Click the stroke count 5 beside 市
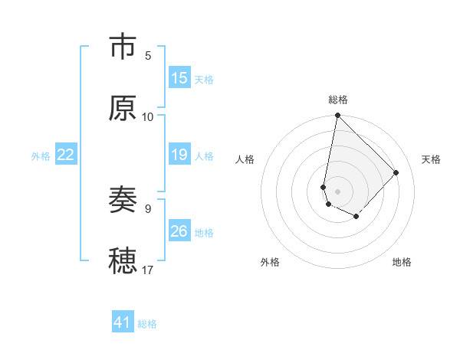[148, 56]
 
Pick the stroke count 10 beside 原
[148, 116]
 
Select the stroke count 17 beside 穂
[148, 270]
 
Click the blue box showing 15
[179, 78]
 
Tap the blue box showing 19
[179, 155]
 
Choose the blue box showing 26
[179, 231]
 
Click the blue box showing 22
[66, 155]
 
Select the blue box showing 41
[123, 322]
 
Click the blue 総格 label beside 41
[148, 324]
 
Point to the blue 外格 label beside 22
[41, 156]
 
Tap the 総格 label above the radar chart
[338, 100]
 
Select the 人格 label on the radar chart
[245, 159]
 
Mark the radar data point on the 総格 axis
[337, 116]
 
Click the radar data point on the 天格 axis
[396, 172]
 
